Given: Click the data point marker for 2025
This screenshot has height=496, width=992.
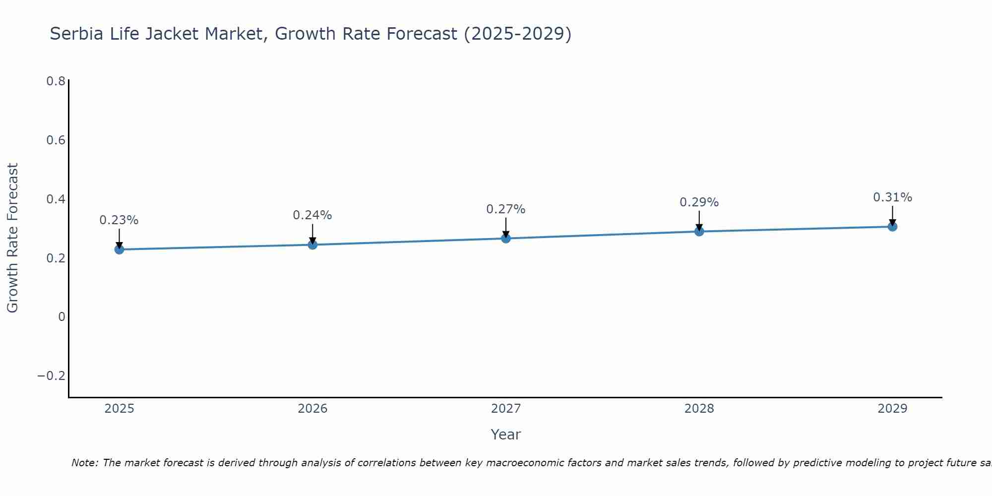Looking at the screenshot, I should point(119,249).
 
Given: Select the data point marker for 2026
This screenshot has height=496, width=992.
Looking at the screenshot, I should point(312,245).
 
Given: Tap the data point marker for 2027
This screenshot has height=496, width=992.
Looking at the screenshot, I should point(506,239).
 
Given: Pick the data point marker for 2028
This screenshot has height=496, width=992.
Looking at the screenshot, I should point(699,231).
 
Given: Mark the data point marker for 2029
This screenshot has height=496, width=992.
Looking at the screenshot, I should point(892,227).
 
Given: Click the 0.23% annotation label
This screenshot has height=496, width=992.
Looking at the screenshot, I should point(119,220).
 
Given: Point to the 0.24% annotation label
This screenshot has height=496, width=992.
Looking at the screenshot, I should point(312,215).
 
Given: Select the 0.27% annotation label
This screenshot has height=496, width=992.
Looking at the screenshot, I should point(506,209).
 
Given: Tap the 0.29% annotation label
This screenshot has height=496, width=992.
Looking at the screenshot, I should point(699,202).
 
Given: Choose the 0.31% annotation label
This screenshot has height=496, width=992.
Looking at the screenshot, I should point(892,197).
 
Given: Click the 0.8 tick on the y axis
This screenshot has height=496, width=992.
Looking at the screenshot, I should point(56,81).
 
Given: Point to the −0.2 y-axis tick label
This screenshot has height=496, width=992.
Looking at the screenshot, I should point(52,376).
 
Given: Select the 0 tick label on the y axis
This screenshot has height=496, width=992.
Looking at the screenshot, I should point(62,317).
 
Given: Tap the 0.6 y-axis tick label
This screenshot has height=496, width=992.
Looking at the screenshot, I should point(56,140).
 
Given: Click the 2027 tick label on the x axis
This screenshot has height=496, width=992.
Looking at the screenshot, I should point(506,409).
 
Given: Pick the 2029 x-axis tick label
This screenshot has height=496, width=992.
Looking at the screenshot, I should point(892,409).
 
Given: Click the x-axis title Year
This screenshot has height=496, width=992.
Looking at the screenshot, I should point(506,434).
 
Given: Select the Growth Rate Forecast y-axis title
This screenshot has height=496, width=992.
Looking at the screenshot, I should point(13,238).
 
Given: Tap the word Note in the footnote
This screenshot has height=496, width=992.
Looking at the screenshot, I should point(84,463).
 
